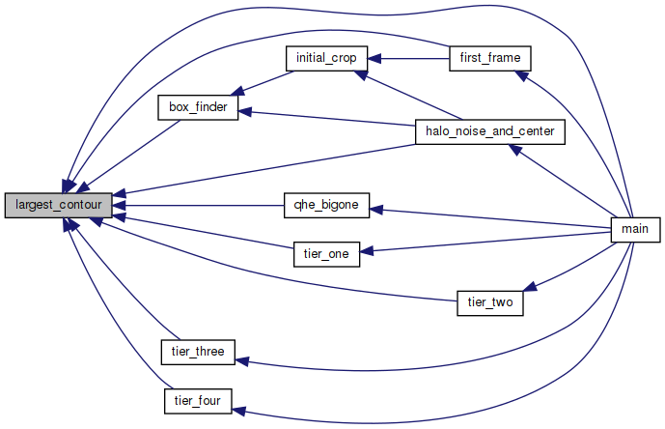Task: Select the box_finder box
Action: (x=197, y=107)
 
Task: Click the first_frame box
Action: (x=491, y=58)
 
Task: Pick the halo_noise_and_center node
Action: (x=488, y=131)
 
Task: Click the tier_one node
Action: (x=326, y=254)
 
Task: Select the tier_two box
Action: (x=488, y=302)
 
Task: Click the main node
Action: (x=635, y=230)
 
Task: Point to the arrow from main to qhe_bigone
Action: (x=492, y=218)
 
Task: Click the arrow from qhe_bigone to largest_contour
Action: (x=203, y=205)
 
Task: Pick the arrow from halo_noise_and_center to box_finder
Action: (x=328, y=121)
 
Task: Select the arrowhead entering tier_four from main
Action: (x=240, y=411)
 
